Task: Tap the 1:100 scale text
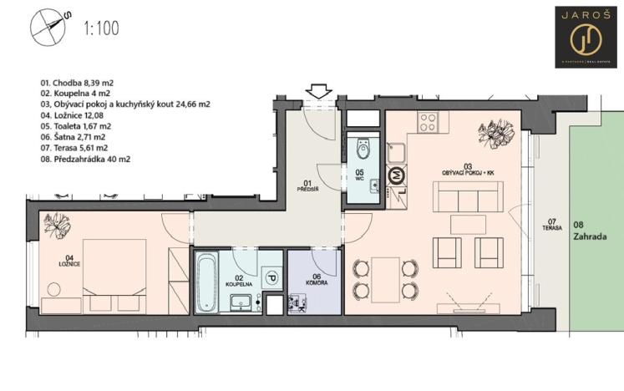(x=101, y=28)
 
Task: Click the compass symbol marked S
(x=48, y=26)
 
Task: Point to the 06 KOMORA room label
(x=313, y=280)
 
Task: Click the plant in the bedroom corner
(x=58, y=225)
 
